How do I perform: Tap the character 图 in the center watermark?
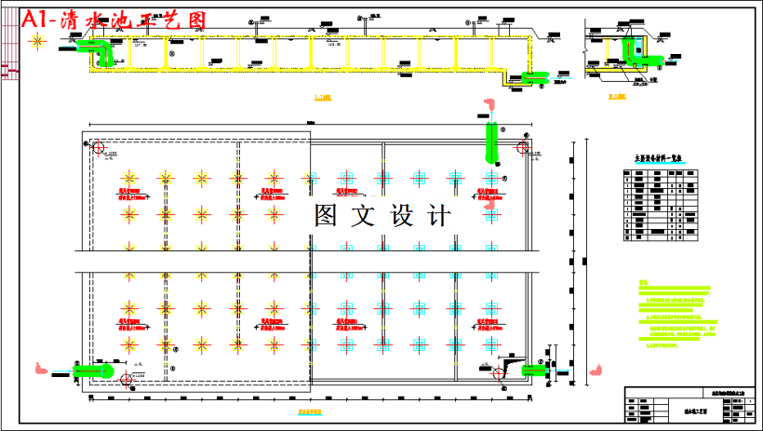click(326, 216)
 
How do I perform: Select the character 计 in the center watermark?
click(437, 216)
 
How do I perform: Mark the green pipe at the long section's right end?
click(533, 77)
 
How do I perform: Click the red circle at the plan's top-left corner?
click(98, 146)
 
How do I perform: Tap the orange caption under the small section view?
click(616, 97)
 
